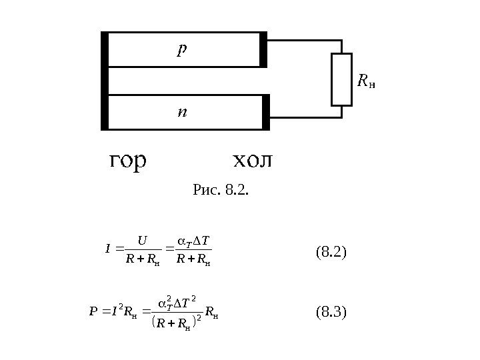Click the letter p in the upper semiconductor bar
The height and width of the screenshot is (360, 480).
click(x=182, y=49)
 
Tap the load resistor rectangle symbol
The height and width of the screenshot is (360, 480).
click(x=341, y=79)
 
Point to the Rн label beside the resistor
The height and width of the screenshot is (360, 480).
click(x=366, y=81)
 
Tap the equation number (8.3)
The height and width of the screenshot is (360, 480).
click(x=331, y=311)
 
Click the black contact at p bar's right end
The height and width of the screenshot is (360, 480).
click(x=263, y=49)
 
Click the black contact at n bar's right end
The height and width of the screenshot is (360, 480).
click(x=266, y=112)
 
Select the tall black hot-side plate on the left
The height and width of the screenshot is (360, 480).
click(x=104, y=80)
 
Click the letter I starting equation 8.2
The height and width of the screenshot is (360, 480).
click(x=108, y=250)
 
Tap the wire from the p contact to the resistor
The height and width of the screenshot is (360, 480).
click(x=304, y=40)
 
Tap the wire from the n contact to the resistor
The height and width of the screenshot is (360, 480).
click(x=305, y=117)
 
